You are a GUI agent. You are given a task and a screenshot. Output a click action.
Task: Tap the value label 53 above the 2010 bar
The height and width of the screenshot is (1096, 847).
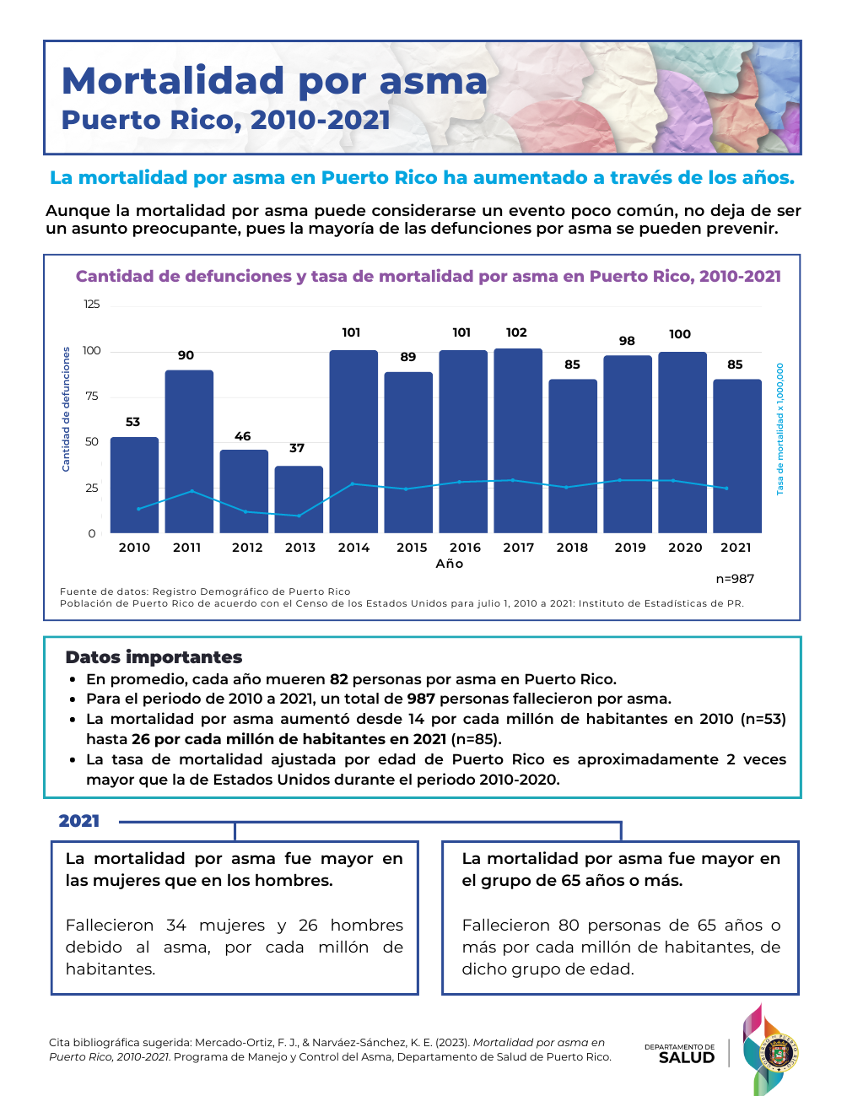(x=133, y=422)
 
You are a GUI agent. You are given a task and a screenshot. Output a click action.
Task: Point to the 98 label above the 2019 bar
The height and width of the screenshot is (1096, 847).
(x=627, y=341)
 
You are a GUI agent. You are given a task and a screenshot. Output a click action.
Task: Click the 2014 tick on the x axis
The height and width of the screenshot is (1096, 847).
(x=353, y=548)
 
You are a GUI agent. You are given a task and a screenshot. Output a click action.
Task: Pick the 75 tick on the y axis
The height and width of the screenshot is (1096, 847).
(x=91, y=397)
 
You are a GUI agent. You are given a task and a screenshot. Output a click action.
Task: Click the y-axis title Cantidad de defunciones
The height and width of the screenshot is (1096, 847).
(x=67, y=409)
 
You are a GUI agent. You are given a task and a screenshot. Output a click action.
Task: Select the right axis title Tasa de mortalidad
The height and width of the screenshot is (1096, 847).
(x=780, y=429)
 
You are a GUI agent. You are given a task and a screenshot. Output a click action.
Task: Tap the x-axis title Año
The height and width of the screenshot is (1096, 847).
(x=450, y=564)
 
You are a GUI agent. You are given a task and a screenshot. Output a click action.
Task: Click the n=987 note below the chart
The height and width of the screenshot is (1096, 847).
(x=735, y=579)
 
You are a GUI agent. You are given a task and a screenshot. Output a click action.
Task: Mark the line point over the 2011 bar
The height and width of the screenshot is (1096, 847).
(x=192, y=491)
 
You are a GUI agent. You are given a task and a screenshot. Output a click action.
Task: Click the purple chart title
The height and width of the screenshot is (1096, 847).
(x=428, y=277)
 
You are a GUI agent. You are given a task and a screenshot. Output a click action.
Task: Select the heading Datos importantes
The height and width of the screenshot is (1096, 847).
(x=154, y=657)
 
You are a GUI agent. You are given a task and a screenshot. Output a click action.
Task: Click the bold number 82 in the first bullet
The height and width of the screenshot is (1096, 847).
(x=338, y=679)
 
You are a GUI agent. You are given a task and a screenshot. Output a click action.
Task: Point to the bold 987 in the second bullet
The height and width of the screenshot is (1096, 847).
(x=421, y=699)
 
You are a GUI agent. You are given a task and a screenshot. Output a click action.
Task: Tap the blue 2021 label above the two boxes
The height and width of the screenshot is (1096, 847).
(x=79, y=821)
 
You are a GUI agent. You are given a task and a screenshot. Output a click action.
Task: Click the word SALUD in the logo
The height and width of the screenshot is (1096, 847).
(x=686, y=1058)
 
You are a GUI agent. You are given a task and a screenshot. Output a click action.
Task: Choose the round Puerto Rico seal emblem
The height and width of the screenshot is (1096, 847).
(x=781, y=1051)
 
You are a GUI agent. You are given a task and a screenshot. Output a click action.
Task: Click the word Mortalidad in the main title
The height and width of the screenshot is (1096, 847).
(x=174, y=81)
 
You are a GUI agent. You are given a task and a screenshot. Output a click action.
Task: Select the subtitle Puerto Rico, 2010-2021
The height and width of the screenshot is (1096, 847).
(x=226, y=120)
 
